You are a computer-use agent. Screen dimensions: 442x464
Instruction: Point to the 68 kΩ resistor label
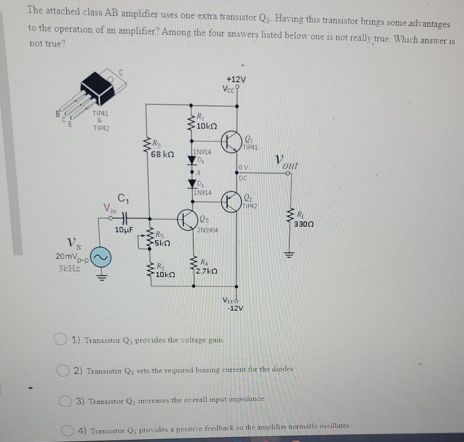(162, 154)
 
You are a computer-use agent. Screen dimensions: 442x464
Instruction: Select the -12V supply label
(235, 308)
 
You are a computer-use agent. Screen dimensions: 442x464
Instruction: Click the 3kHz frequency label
(69, 268)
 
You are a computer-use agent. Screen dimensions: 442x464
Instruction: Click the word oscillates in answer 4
(333, 426)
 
